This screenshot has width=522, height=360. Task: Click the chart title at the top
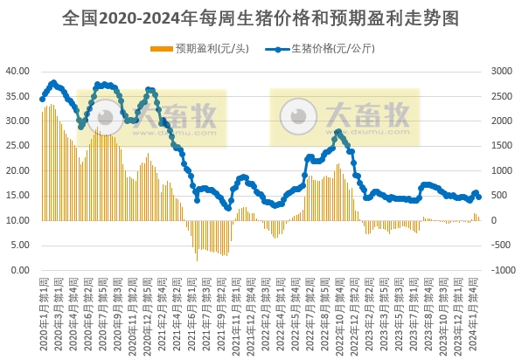pyautogui.click(x=261, y=17)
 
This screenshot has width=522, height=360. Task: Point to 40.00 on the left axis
pyautogui.click(x=18, y=71)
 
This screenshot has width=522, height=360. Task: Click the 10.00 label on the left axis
pyautogui.click(x=18, y=220)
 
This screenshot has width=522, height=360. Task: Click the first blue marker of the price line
pyautogui.click(x=42, y=99)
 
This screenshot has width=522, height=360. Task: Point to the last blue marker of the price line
pyautogui.click(x=478, y=197)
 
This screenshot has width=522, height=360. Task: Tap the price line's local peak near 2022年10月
pyautogui.click(x=338, y=132)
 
